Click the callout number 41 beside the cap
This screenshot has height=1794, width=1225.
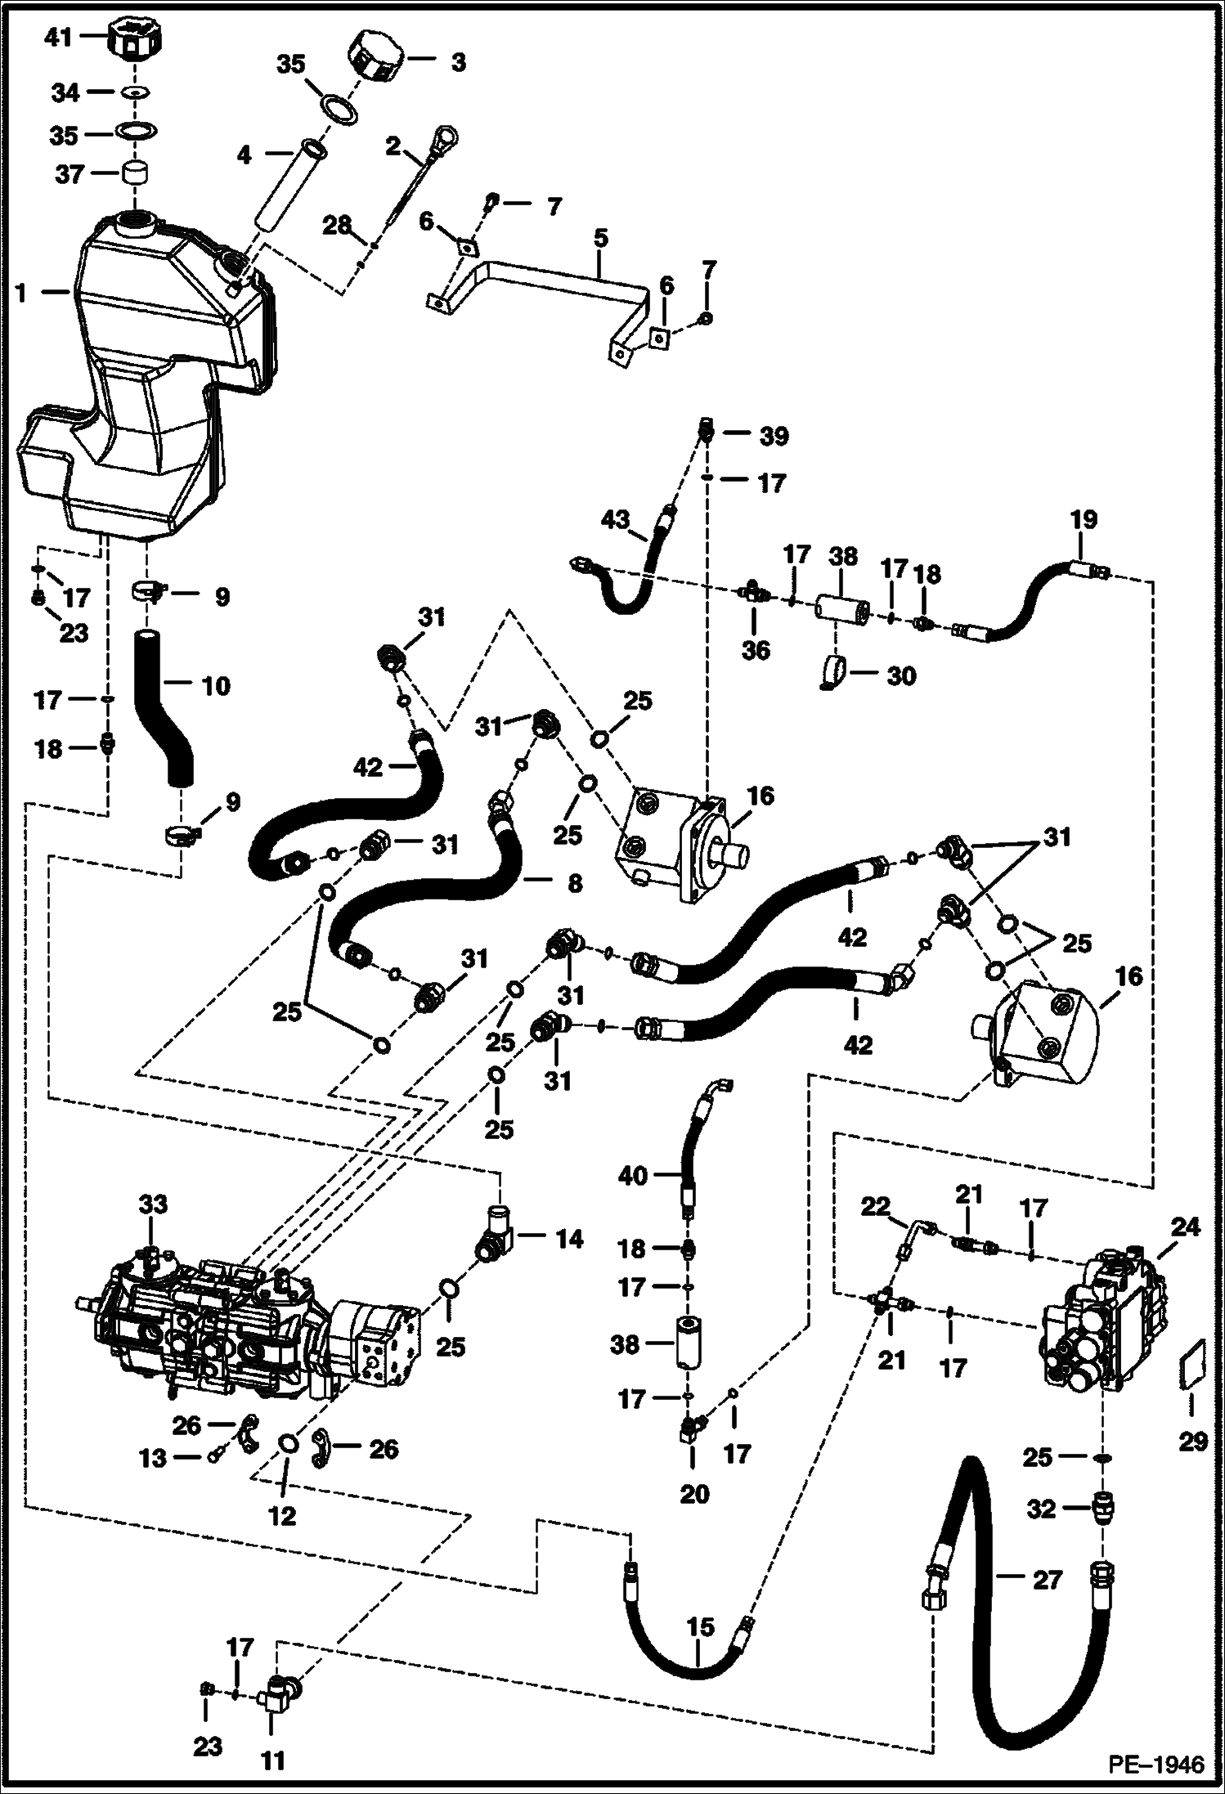tap(58, 37)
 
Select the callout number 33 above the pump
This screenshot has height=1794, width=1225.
tap(152, 1204)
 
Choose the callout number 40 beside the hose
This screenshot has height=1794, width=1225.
tap(633, 1176)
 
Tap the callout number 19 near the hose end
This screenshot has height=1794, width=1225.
tap(1084, 520)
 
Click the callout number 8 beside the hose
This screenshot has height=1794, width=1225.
tap(574, 883)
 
